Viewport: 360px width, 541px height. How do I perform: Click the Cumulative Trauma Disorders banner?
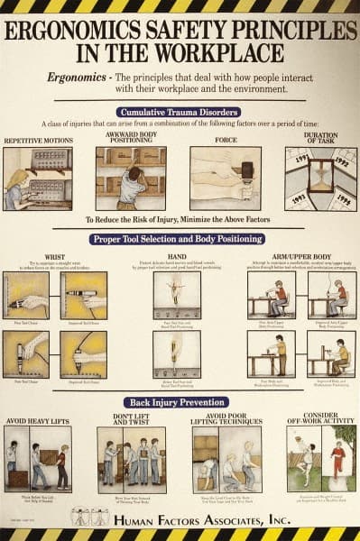coord(180,111)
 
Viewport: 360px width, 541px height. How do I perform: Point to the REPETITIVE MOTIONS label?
coord(38,141)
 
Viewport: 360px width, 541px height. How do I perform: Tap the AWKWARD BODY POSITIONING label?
coord(131,138)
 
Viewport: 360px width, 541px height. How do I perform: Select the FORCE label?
coord(225,141)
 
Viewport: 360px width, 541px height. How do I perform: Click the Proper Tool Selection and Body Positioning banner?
coord(180,239)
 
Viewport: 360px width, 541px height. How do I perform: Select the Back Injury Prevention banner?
coord(180,402)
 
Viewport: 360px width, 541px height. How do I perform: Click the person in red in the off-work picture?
coord(338,460)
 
